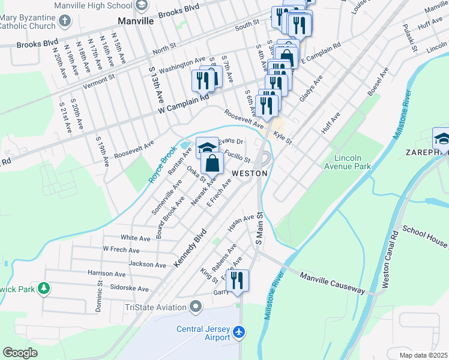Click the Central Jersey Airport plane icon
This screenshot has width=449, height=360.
[240, 331]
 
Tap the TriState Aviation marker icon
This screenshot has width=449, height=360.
[195, 308]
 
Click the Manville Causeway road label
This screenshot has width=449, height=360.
[332, 282]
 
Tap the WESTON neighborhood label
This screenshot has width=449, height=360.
[249, 173]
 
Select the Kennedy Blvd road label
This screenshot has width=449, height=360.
[190, 247]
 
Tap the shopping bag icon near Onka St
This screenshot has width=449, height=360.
[212, 163]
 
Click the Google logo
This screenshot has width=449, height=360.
[20, 353]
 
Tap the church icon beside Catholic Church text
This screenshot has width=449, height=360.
[65, 22]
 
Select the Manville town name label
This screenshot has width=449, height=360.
[136, 20]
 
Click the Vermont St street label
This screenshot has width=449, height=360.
[98, 82]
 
